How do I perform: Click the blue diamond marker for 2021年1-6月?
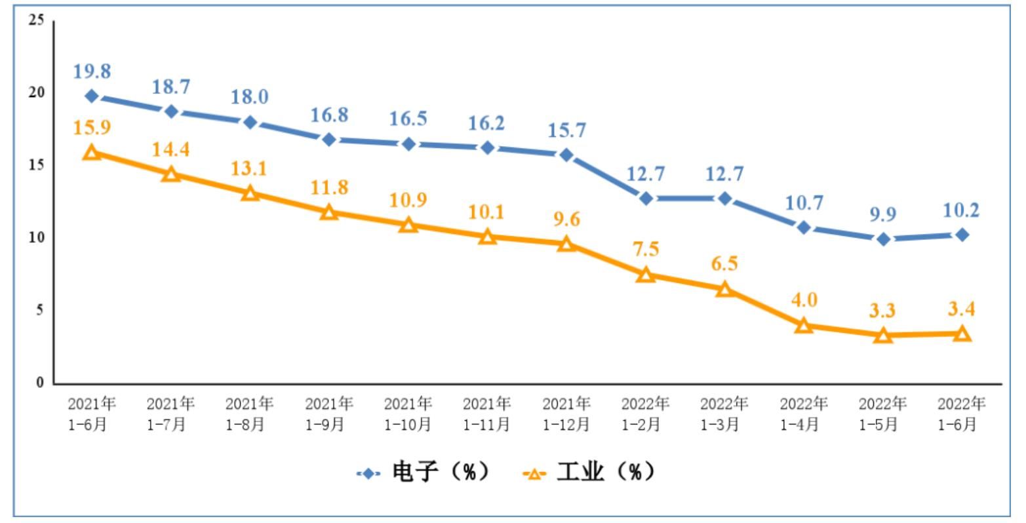92,96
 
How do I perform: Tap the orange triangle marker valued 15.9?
92,153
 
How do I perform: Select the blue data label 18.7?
170,87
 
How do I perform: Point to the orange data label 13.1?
250,168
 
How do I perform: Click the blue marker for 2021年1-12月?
566,155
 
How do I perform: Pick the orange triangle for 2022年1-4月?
804,325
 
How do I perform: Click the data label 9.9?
882,214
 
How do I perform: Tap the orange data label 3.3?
882,311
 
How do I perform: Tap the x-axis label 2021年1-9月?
329,414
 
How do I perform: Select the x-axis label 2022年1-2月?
646,414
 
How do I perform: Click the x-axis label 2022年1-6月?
962,414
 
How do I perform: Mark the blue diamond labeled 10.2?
962,235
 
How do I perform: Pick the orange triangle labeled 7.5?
646,275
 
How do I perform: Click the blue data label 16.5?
408,120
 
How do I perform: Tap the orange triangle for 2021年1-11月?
487,237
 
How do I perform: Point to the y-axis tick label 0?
40,383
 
